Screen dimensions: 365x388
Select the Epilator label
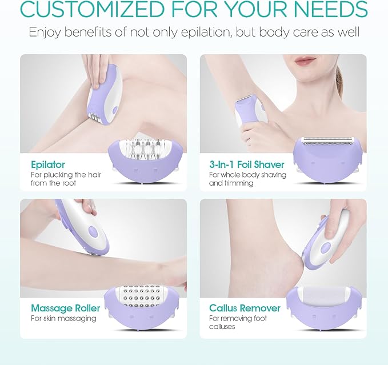tap(48, 165)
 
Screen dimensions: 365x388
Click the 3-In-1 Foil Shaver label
tap(246, 165)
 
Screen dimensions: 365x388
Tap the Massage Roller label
tap(65, 308)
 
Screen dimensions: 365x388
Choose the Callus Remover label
tap(245, 308)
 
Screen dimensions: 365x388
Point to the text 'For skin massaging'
tap(63, 319)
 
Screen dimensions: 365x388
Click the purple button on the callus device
tap(326, 247)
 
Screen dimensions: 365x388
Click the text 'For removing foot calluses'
tap(230, 322)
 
